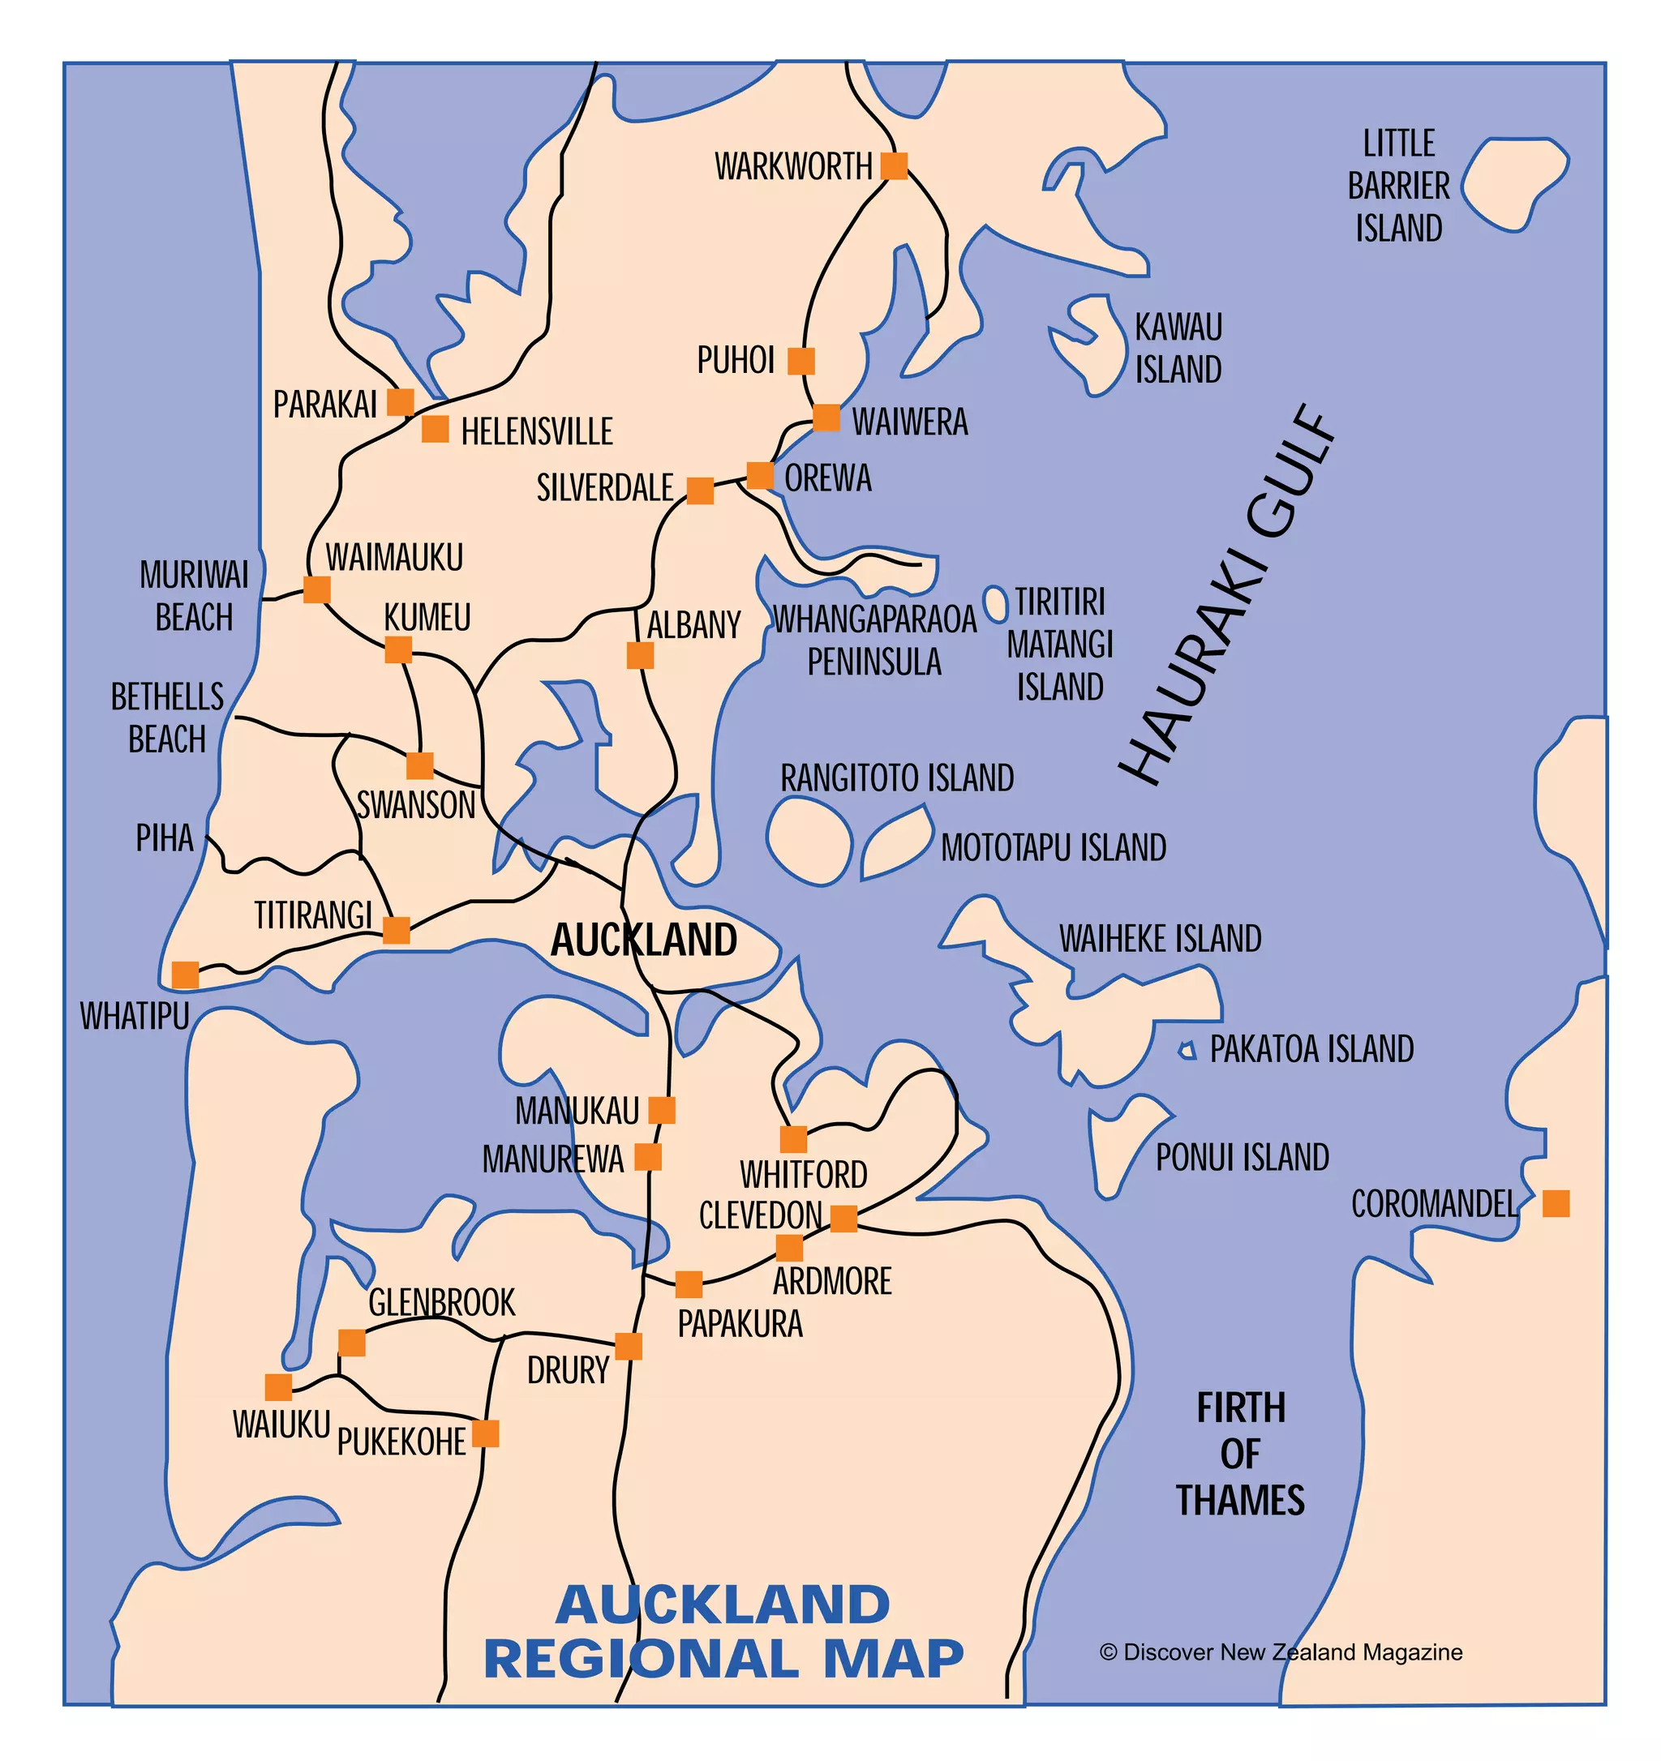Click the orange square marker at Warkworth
point(894,165)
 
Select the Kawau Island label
point(1178,348)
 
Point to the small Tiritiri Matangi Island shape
point(996,604)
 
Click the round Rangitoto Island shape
point(808,841)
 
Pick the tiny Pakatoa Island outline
point(1188,1051)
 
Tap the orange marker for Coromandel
point(1556,1204)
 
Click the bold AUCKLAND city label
point(643,940)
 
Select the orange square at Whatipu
point(185,975)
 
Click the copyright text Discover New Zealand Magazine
point(1281,1652)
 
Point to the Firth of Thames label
point(1240,1454)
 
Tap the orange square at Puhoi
point(800,362)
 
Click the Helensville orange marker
point(435,429)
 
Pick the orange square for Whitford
point(793,1139)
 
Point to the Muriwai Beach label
point(194,595)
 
